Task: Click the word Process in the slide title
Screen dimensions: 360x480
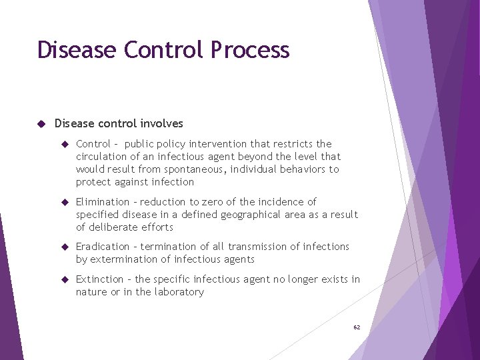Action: tap(250, 51)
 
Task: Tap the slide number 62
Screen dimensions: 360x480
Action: tap(357, 327)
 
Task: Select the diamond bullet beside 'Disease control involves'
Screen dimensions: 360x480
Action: tap(41, 123)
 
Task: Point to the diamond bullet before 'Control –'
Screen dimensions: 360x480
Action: tap(65, 144)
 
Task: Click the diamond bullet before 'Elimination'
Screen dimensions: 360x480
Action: tap(65, 202)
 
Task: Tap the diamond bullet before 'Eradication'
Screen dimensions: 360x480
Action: tap(65, 247)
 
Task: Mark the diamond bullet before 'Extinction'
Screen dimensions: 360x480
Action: tap(65, 279)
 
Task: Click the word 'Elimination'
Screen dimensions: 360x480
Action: tap(103, 202)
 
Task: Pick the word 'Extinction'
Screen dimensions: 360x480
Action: tap(100, 279)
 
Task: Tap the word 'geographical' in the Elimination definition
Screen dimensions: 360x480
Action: tap(235, 215)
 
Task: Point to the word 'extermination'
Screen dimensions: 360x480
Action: tap(123, 259)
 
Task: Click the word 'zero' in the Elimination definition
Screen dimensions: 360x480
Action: tap(215, 202)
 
